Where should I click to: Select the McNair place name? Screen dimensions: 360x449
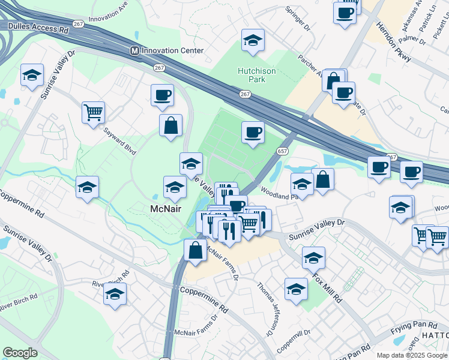point(166,208)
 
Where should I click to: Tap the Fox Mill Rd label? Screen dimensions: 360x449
point(328,288)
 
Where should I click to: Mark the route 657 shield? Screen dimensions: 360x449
point(282,150)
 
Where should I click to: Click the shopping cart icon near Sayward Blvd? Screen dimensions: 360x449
point(93,111)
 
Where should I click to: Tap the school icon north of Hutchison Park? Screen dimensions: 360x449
point(253,40)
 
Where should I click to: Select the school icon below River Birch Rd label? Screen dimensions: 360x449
point(115,294)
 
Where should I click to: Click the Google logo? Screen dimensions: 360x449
point(20,353)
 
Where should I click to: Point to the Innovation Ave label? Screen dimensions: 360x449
point(107,16)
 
